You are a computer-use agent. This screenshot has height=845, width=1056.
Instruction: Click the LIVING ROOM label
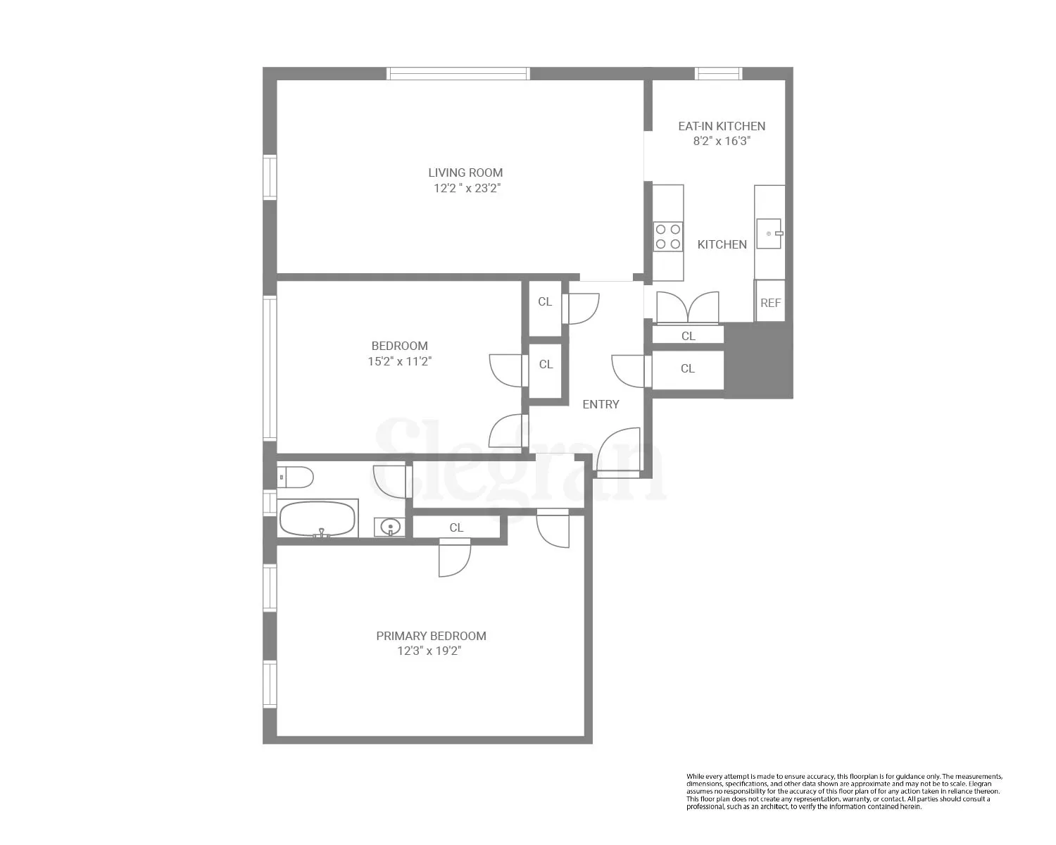point(465,173)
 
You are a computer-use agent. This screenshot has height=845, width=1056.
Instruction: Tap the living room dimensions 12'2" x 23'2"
point(467,189)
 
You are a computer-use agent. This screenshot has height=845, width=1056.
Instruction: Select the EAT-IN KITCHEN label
point(722,126)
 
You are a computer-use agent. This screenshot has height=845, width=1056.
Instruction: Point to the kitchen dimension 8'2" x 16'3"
point(722,141)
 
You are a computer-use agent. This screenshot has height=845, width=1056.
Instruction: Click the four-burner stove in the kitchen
point(667,237)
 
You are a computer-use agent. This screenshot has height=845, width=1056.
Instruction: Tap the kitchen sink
point(769,233)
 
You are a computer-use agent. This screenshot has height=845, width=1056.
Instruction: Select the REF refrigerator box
point(770,302)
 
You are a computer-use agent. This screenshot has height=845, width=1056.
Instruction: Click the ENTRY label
point(601,404)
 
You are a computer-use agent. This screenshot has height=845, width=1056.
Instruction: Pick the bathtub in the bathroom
point(318,519)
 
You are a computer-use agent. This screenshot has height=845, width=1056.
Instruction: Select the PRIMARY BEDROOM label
point(431,636)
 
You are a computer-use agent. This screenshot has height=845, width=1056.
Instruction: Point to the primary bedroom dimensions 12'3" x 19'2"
point(429,651)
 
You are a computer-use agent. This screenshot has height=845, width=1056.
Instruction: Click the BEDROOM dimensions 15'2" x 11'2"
point(399,361)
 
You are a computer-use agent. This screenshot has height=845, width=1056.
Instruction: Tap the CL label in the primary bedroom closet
point(456,527)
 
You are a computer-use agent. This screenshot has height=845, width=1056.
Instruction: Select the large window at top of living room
point(458,73)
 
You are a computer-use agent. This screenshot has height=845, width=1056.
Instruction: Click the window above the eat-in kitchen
point(718,73)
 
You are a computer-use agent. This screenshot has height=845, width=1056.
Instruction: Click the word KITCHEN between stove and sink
point(722,244)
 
